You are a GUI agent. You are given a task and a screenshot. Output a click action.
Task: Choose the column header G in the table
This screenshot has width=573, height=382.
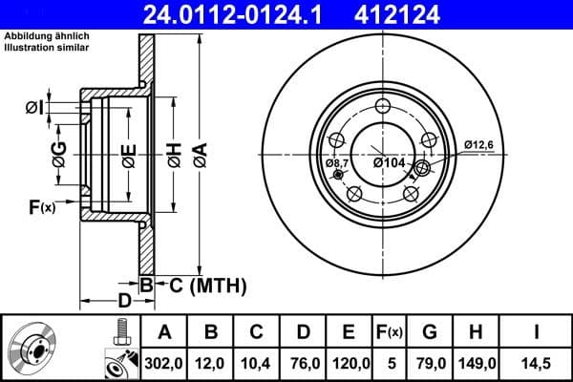pos(430,331)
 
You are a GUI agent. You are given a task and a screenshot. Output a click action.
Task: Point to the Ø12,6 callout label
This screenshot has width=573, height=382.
pos(478,144)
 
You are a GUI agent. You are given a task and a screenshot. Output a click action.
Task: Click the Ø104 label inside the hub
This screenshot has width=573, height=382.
pos(390,163)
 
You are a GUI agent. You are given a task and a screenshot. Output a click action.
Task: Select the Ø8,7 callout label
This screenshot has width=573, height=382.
pos(338,163)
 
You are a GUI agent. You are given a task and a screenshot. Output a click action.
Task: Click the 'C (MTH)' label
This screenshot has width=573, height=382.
pos(202,285)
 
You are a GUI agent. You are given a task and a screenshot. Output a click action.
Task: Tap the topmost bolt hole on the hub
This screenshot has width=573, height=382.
pos(384,107)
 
